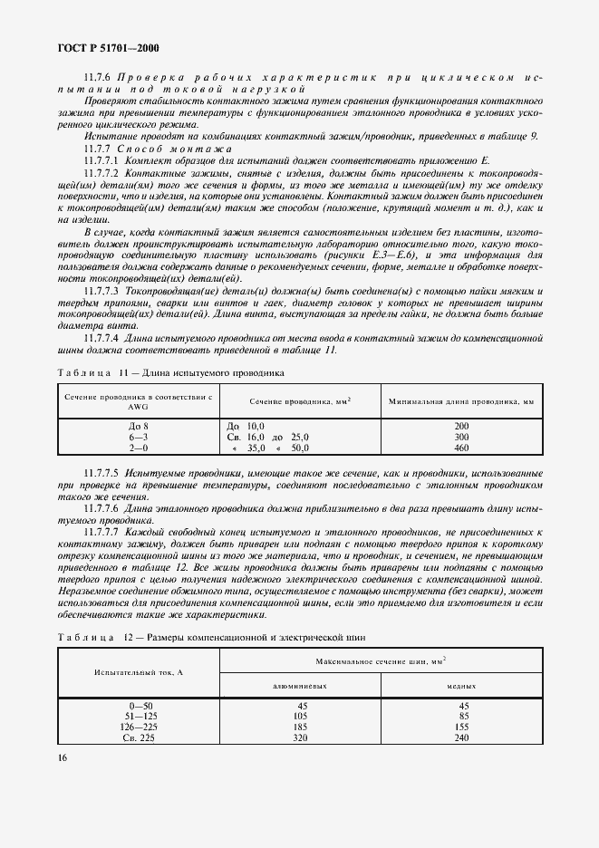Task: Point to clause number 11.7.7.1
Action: (105, 159)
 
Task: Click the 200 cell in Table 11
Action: (462, 426)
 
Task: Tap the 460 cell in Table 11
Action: (462, 448)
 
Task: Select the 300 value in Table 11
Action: (462, 437)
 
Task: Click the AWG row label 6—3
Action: (139, 437)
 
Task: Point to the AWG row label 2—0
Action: (139, 448)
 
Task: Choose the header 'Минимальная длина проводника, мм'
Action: (461, 400)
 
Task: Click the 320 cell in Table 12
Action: (300, 738)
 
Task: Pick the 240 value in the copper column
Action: (462, 738)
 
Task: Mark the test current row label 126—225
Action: (139, 728)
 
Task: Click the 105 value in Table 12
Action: (300, 717)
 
